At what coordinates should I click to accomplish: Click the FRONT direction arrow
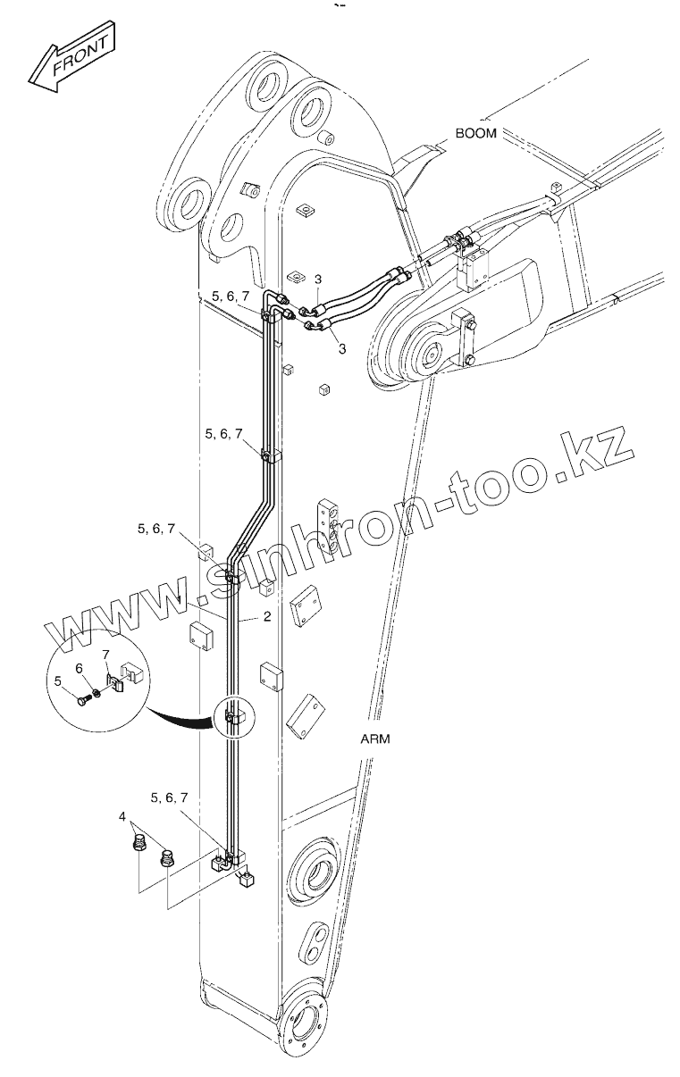pyautogui.click(x=71, y=60)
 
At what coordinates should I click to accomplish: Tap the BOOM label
pyautogui.click(x=475, y=134)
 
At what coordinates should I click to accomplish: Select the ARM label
pyautogui.click(x=375, y=739)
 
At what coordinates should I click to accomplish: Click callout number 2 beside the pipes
pyautogui.click(x=266, y=617)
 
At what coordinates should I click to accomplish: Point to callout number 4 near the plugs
pyautogui.click(x=122, y=816)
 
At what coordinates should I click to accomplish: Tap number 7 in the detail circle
pyautogui.click(x=105, y=656)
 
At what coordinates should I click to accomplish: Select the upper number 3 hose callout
pyautogui.click(x=317, y=280)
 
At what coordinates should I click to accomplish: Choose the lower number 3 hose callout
pyautogui.click(x=342, y=348)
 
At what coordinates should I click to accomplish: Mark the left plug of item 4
pyautogui.click(x=139, y=841)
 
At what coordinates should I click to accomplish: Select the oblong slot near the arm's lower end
pyautogui.click(x=316, y=939)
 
